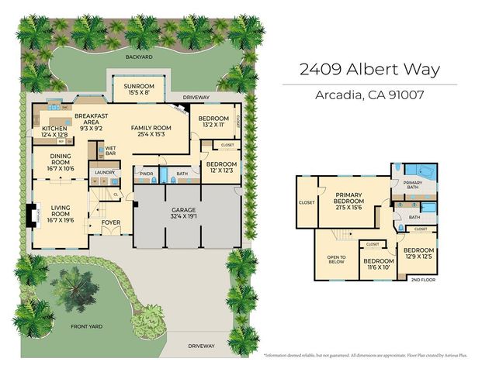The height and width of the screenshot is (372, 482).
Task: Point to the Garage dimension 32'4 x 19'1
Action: point(184,217)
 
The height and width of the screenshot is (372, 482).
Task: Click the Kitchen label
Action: point(54,129)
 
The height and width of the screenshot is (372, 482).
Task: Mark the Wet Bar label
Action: point(110,150)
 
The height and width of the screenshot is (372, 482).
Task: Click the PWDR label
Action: point(146,174)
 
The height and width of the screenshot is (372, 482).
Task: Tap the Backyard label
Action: point(140,57)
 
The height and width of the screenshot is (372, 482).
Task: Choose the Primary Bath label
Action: point(412,184)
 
